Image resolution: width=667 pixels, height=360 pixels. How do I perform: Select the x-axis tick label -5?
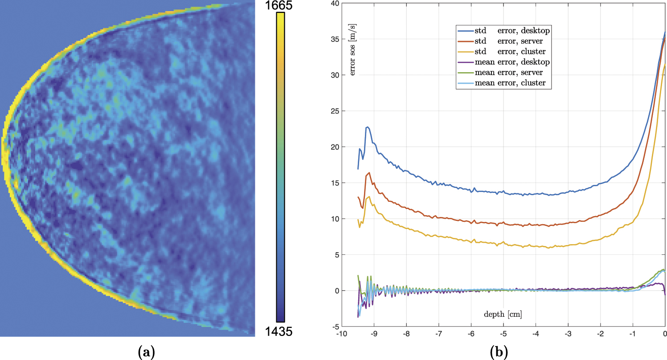[x=503, y=334]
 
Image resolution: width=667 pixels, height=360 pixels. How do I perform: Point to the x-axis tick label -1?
[x=632, y=334]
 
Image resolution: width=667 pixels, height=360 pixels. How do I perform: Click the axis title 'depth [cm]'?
[x=503, y=315]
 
